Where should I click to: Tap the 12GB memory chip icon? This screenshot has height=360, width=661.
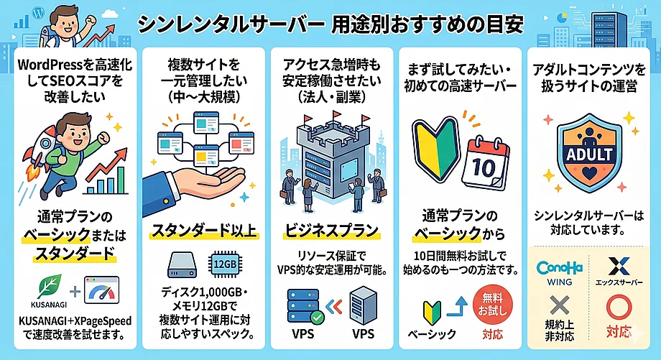[225, 264]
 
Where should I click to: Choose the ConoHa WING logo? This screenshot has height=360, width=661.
[559, 272]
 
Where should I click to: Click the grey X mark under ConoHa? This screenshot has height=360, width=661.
[559, 310]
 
